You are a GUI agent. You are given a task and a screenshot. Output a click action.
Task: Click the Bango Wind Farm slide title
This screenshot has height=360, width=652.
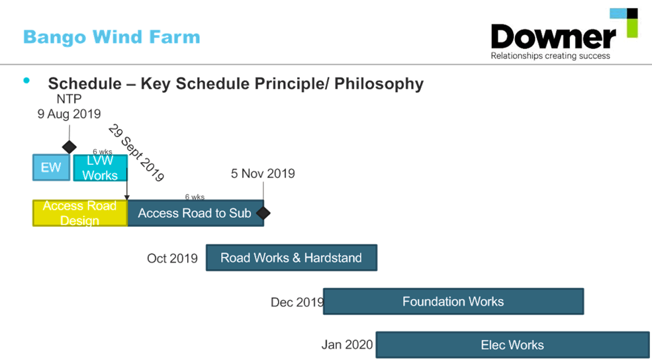[111, 36]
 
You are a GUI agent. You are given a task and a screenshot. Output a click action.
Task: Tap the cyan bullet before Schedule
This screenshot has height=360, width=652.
[26, 81]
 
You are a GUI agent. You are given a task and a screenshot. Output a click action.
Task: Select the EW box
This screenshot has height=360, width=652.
[51, 167]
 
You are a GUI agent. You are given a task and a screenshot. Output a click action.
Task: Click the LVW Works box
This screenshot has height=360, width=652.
[100, 168]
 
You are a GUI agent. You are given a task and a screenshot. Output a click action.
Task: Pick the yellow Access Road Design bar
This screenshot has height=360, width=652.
[79, 213]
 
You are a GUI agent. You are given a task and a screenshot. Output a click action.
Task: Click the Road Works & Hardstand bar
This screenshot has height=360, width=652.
[291, 258]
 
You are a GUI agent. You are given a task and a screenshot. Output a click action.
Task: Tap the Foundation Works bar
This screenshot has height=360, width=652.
[453, 302]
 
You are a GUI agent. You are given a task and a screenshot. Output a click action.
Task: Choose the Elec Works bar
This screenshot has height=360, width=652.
[512, 345]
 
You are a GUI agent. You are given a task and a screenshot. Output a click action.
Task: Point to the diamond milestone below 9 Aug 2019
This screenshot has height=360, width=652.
[69, 146]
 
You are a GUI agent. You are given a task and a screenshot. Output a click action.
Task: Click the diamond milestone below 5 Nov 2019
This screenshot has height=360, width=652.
[263, 213]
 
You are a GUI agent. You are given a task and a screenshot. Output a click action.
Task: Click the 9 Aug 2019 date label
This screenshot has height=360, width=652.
[70, 114]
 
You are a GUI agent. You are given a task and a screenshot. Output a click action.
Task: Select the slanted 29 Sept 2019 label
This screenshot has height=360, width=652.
[136, 152]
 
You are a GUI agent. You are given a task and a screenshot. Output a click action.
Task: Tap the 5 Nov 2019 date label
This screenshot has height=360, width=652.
[263, 174]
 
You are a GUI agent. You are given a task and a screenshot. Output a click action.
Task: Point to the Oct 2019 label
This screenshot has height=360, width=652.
[172, 258]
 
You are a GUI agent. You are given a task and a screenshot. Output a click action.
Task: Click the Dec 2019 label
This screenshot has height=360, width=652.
[297, 302]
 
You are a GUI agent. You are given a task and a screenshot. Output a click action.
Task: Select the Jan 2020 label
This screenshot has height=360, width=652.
[348, 345]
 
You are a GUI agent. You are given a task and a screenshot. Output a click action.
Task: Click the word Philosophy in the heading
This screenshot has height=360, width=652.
[379, 84]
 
